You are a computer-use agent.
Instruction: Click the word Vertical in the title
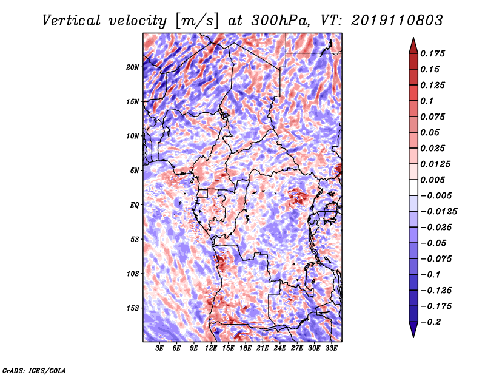pyautogui.click(x=72, y=21)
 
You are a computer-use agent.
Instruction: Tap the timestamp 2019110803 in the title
pyautogui.click(x=397, y=21)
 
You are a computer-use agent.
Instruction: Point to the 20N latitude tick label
pyautogui.click(x=133, y=67)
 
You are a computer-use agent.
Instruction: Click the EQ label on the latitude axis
pyautogui.click(x=135, y=205)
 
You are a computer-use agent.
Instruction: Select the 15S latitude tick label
pyautogui.click(x=133, y=308)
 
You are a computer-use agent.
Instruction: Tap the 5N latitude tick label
pyautogui.click(x=135, y=171)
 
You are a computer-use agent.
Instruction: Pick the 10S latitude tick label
pyautogui.click(x=133, y=274)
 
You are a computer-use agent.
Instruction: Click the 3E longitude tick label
pyautogui.click(x=159, y=348)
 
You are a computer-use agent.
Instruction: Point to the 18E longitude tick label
pyautogui.click(x=246, y=348)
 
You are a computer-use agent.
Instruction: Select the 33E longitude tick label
pyautogui.click(x=331, y=348)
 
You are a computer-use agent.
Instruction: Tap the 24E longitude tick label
pyautogui.click(x=279, y=348)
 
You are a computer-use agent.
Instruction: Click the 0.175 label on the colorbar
pyautogui.click(x=432, y=53)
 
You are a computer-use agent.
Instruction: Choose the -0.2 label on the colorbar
pyautogui.click(x=430, y=322)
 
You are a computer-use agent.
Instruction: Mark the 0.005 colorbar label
pyautogui.click(x=432, y=180)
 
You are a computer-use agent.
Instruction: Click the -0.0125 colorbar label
pyautogui.click(x=438, y=212)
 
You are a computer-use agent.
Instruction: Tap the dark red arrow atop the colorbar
pyautogui.click(x=413, y=47)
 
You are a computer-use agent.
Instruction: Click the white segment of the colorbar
pyautogui.click(x=413, y=187)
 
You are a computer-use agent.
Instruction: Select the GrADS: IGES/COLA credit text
pyautogui.click(x=34, y=370)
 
